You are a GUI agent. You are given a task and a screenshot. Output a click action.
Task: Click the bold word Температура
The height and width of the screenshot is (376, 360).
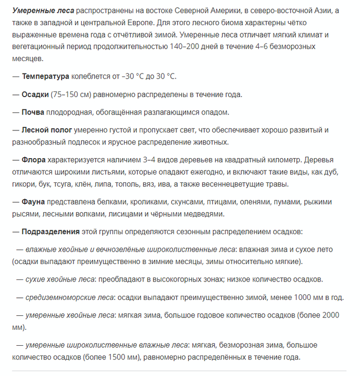click(45, 77)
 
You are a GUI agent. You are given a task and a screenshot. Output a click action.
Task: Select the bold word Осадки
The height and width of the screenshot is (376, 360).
click(35, 95)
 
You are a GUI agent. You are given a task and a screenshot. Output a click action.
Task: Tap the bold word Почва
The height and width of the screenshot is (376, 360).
click(33, 112)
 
